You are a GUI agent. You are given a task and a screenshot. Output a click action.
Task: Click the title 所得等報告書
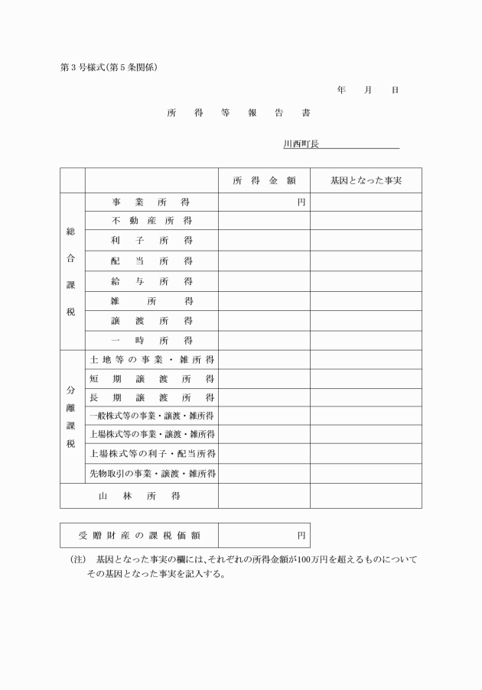point(239,112)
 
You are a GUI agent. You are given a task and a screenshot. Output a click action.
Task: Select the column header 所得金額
point(264,181)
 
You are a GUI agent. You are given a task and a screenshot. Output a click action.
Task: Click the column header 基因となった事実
point(366,181)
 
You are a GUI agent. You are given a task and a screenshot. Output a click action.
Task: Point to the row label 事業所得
point(151,202)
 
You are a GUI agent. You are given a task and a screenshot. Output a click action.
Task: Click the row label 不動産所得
point(151,221)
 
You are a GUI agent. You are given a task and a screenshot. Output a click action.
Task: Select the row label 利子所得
point(151,241)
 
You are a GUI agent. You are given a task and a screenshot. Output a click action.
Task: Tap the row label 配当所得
point(151,261)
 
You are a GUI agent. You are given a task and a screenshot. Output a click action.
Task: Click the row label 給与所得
point(151,281)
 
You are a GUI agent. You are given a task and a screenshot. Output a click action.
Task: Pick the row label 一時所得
point(151,340)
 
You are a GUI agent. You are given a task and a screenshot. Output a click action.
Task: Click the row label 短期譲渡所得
point(151,378)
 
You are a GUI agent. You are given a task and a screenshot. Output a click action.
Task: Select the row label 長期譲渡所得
point(151,397)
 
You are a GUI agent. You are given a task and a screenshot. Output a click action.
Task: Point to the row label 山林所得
point(139,496)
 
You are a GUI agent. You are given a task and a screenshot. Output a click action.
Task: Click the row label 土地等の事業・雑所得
point(151,359)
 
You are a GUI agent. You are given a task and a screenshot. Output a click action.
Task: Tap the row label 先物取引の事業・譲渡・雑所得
point(151,474)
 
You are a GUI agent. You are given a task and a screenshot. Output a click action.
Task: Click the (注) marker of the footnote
point(78,560)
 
